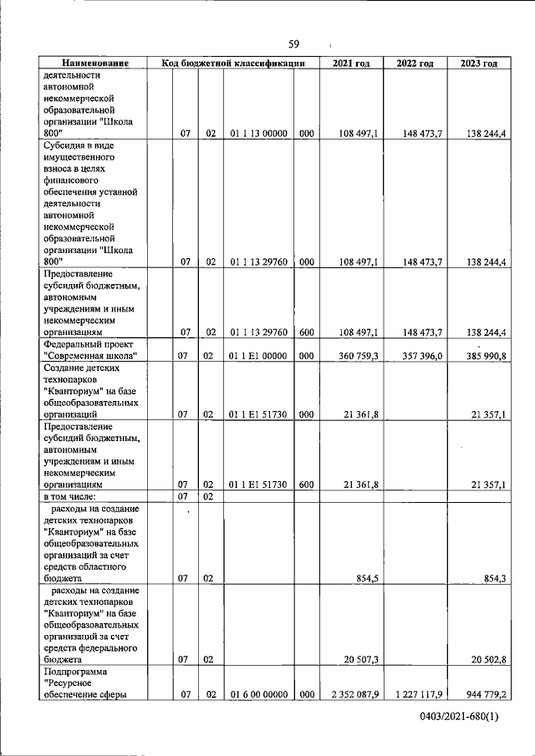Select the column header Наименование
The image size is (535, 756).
click(94, 63)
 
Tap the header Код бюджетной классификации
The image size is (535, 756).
click(232, 63)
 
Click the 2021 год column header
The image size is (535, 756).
click(351, 63)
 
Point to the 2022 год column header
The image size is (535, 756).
click(415, 63)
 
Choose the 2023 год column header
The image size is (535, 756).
click(479, 63)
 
